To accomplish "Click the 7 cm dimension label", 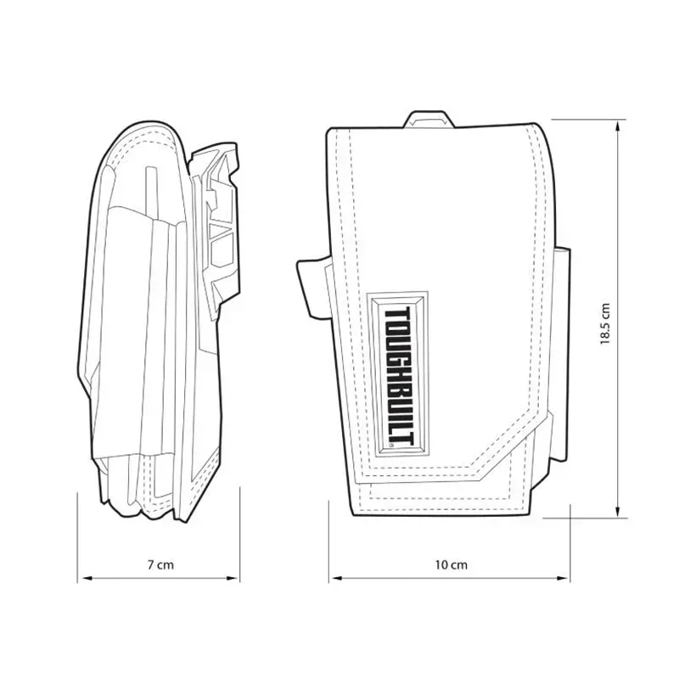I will coord(159,564).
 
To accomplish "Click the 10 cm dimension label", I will coord(451,564).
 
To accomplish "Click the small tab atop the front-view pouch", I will coord(429,120).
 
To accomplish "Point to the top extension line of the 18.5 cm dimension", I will coord(586,121).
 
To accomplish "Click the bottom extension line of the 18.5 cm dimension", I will coord(586,517).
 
